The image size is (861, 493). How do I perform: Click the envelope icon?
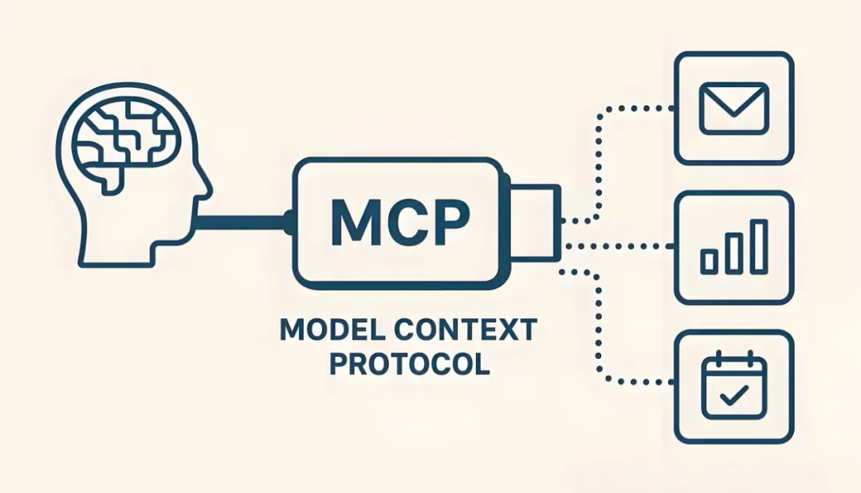[733, 108]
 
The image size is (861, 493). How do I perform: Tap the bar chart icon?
[734, 246]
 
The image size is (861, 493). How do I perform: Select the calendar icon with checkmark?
[734, 387]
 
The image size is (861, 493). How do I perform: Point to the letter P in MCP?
[450, 222]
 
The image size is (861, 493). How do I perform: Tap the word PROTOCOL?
[410, 364]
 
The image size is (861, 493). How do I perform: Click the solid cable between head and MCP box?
[242, 222]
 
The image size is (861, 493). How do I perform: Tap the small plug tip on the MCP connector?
[536, 222]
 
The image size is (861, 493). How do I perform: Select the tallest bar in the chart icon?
[760, 246]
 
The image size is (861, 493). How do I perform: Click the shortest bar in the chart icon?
[709, 262]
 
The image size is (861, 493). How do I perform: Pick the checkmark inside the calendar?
[734, 395]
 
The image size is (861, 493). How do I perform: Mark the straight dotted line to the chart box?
[619, 246]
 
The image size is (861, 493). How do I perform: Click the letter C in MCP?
[405, 222]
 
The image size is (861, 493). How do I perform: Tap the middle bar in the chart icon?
[734, 253]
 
